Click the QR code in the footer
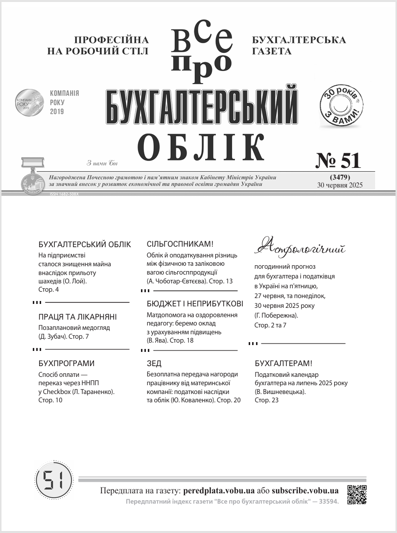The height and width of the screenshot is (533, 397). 357,494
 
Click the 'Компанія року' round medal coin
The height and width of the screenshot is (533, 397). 29,102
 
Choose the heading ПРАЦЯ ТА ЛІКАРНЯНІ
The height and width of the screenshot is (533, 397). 77,317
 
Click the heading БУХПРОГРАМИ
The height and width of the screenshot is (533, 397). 66,363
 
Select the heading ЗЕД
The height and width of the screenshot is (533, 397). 154,363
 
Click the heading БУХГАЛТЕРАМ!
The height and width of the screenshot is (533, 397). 283,363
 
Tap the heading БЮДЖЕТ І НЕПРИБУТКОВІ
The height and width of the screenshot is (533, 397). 195,303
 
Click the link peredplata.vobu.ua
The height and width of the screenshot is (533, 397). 218,490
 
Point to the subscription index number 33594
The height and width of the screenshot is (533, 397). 327,502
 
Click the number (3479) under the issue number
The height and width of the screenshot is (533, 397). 339,177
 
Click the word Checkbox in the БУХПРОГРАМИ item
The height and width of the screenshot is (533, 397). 59,392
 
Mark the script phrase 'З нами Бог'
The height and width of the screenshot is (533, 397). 102,163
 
